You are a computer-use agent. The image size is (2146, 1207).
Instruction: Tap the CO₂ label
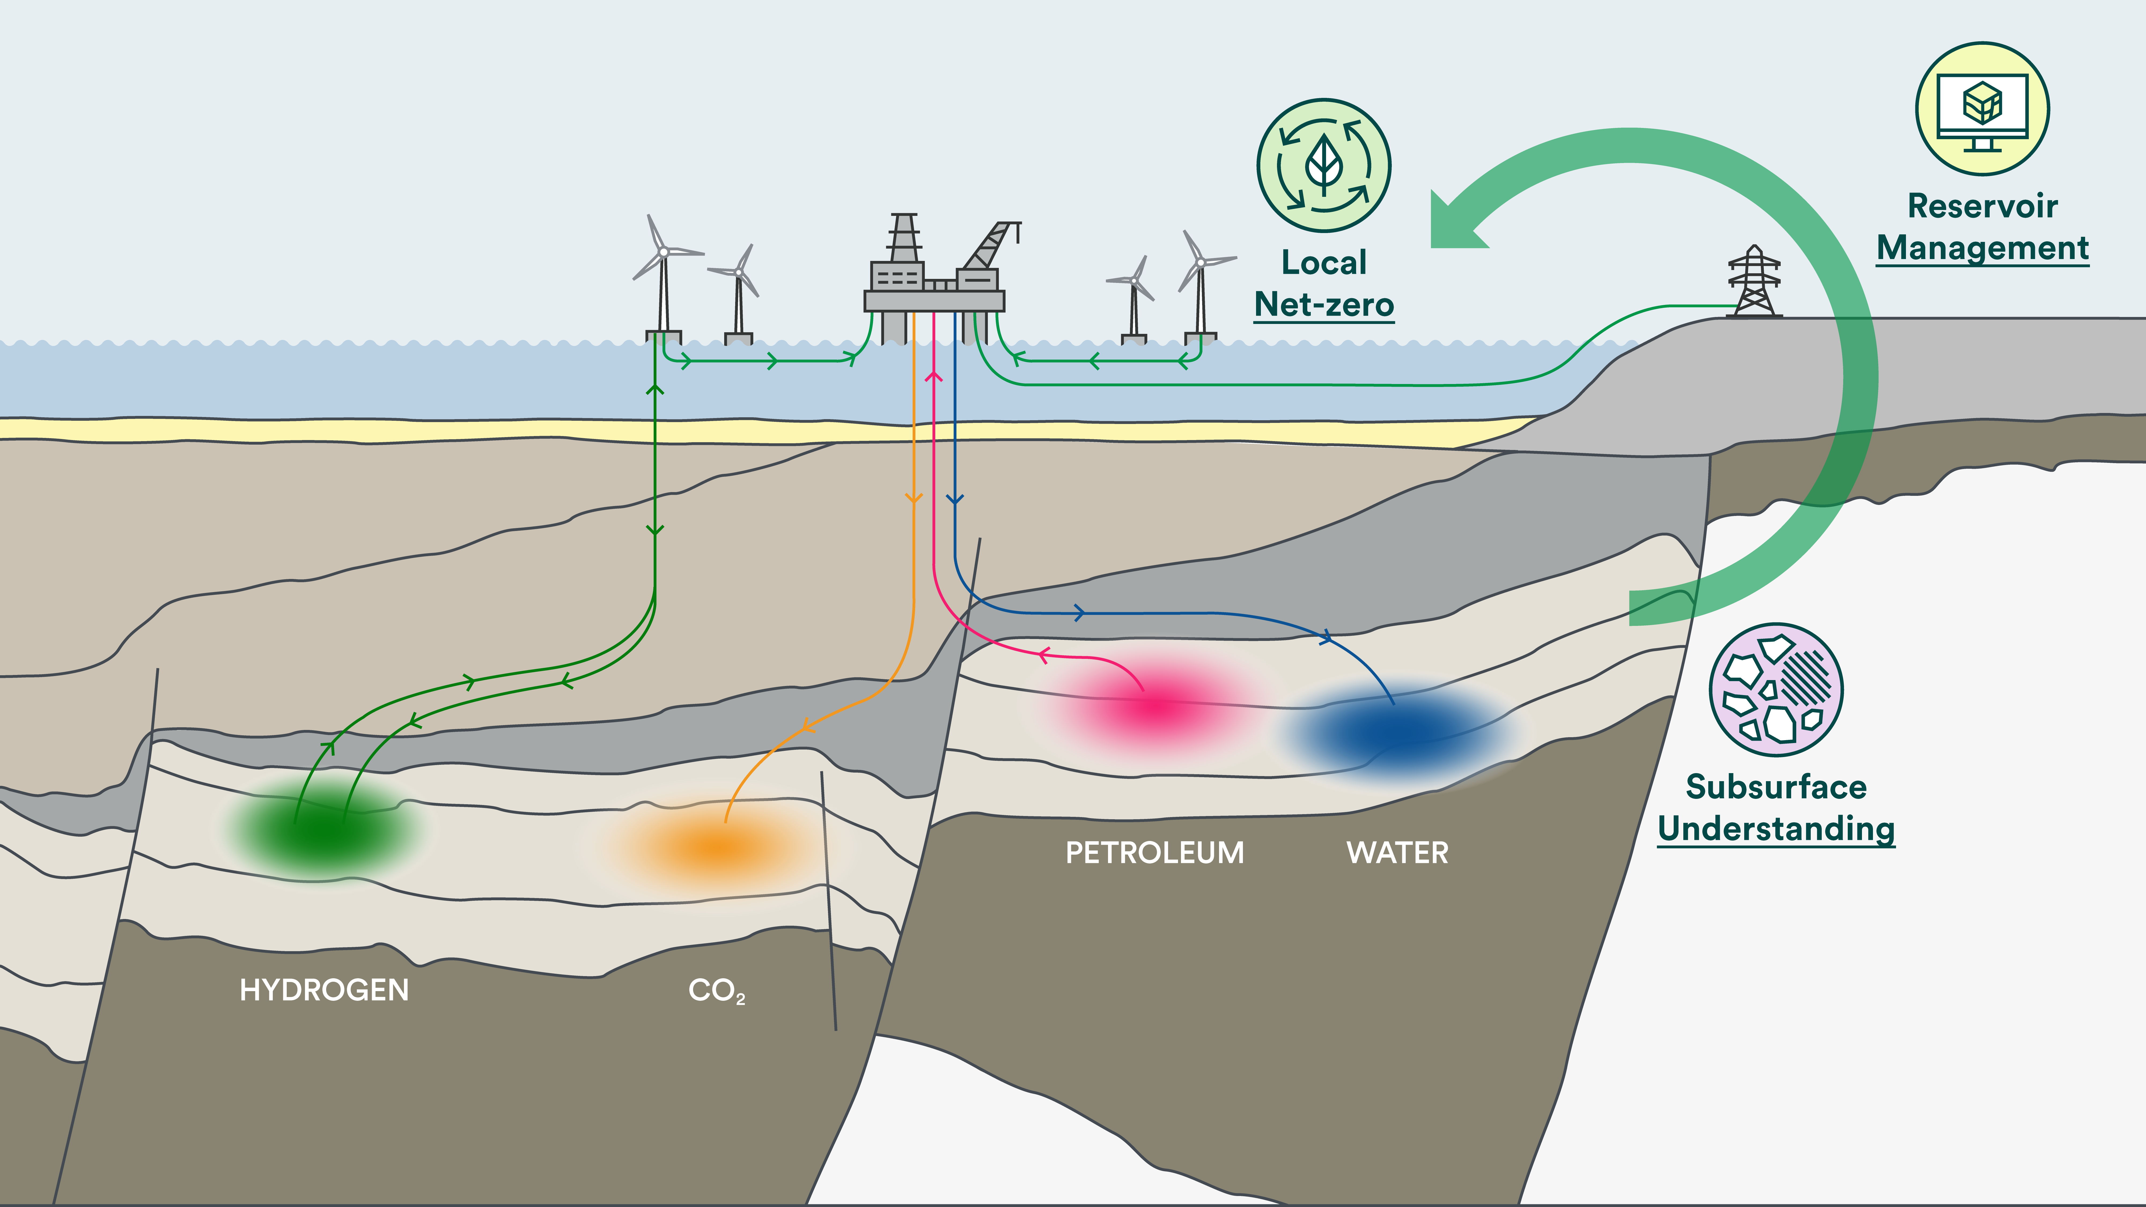tap(716, 990)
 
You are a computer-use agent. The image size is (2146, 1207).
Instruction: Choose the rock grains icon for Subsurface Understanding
tap(1776, 690)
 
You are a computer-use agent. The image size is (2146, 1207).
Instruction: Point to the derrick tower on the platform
tap(904, 237)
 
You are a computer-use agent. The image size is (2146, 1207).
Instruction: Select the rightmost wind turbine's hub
tap(1201, 262)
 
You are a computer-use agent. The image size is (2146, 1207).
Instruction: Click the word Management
tap(1983, 248)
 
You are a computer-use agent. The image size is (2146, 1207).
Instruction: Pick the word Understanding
tap(1776, 829)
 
